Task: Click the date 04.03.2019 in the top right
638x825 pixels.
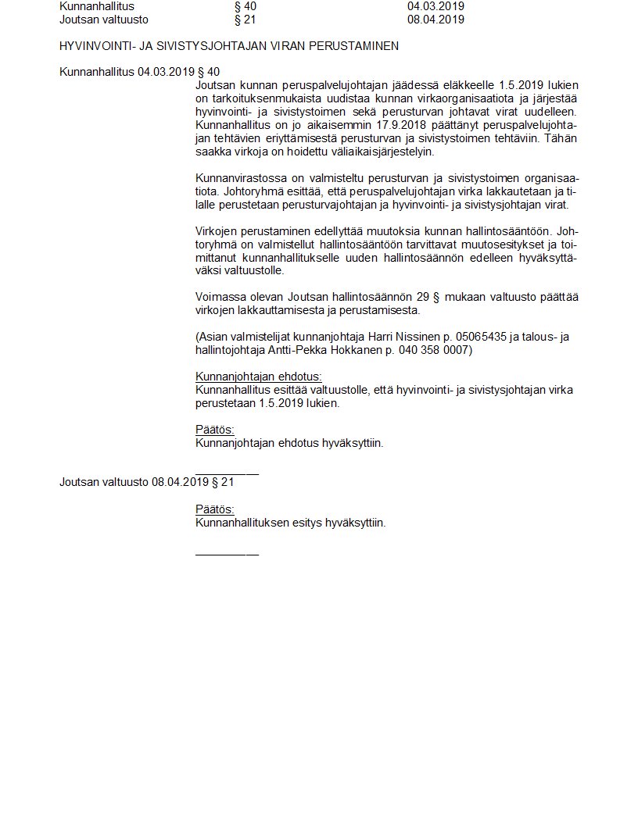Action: pyautogui.click(x=435, y=6)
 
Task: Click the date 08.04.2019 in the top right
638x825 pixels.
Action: pyautogui.click(x=435, y=20)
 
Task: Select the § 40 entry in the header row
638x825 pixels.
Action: pyautogui.click(x=246, y=6)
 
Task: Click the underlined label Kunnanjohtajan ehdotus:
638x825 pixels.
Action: pyautogui.click(x=258, y=377)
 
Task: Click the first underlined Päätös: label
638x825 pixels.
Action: pyautogui.click(x=214, y=430)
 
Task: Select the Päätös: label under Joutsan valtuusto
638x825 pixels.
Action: pyautogui.click(x=214, y=509)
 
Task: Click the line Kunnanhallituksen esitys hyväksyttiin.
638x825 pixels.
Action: pyautogui.click(x=290, y=523)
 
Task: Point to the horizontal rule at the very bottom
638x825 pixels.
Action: pyautogui.click(x=227, y=554)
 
